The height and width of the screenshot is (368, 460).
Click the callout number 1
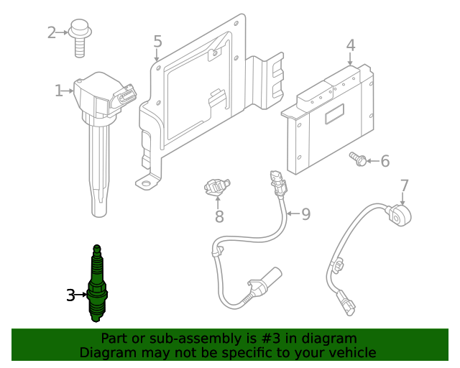pos(58,91)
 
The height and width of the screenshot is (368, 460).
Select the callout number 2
pos(52,32)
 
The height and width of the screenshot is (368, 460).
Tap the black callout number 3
pos(70,295)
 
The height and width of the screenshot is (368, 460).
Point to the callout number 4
pos(350,46)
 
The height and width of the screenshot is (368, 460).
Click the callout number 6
pos(385,161)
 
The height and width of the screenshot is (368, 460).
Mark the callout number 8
pos(219,216)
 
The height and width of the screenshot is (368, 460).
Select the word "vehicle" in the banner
pos(350,353)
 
